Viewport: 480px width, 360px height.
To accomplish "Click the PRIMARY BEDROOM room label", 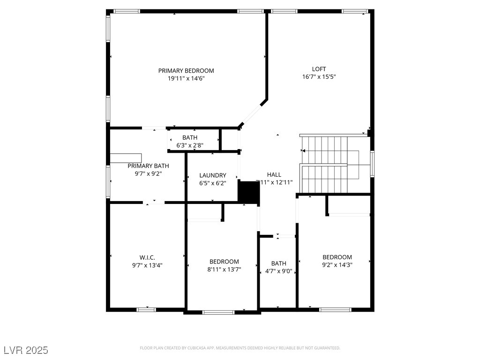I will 186,71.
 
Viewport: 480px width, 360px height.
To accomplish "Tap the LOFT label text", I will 319,69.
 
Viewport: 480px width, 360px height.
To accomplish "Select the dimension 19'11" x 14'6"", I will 186,79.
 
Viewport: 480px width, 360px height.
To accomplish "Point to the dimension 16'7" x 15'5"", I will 319,76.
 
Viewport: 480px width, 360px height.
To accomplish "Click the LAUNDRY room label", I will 213,175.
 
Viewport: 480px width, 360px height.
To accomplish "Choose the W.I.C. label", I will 147,257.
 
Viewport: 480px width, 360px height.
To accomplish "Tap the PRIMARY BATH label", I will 149,166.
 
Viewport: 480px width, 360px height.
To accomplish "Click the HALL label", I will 274,174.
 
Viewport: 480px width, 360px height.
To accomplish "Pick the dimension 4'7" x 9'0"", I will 278,271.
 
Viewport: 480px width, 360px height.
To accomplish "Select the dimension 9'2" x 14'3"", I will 337,264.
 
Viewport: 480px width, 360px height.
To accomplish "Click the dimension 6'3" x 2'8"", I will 190,145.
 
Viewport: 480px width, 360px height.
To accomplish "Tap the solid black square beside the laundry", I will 248,192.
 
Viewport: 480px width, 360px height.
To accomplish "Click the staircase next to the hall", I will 324,164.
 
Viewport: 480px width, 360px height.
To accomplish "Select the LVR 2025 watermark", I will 26,350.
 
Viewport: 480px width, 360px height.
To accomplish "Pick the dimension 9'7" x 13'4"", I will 147,265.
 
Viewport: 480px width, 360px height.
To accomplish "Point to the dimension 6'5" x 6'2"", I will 213,183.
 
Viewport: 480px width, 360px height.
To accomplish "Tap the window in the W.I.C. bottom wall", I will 146,309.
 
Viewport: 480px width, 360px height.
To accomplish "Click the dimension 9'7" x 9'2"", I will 149,173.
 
